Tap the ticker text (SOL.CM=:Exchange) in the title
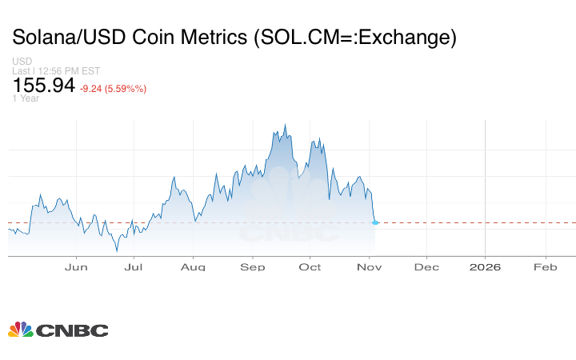pyautogui.click(x=353, y=38)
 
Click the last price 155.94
pyautogui.click(x=43, y=86)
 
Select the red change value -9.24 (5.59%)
pyautogui.click(x=113, y=88)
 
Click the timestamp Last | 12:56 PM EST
pyautogui.click(x=54, y=70)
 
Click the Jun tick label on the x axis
pyautogui.click(x=76, y=266)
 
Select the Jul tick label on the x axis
pyautogui.click(x=134, y=266)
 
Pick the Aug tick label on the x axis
pyautogui.click(x=193, y=266)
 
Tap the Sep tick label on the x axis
pyautogui.click(x=253, y=266)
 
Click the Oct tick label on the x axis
pyautogui.click(x=310, y=266)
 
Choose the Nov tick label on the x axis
pyautogui.click(x=369, y=266)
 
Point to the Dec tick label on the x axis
pyautogui.click(x=426, y=266)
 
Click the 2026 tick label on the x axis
pyautogui.click(x=485, y=266)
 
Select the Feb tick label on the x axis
pyautogui.click(x=546, y=266)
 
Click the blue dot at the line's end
pyautogui.click(x=375, y=222)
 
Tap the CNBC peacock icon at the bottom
pyautogui.click(x=20, y=330)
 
